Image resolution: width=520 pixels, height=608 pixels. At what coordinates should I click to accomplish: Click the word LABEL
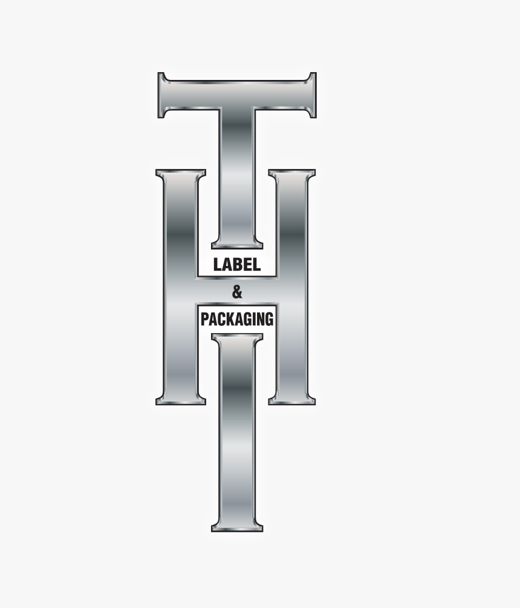point(236,265)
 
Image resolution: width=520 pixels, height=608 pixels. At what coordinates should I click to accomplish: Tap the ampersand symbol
point(237,293)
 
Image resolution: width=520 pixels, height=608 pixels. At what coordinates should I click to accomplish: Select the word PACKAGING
point(237,319)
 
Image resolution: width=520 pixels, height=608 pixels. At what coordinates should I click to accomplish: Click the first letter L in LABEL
point(218,265)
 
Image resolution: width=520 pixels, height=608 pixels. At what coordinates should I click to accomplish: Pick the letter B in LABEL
point(238,265)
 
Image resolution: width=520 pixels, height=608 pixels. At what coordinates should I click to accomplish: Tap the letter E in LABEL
point(247,265)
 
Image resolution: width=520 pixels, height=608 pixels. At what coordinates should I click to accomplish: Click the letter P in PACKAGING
point(205,319)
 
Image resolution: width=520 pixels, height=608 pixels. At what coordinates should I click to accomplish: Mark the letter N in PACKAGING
point(260,319)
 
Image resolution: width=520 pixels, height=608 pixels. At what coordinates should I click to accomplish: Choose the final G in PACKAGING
point(270,319)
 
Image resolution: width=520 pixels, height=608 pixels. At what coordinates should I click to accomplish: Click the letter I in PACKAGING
point(254,319)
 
